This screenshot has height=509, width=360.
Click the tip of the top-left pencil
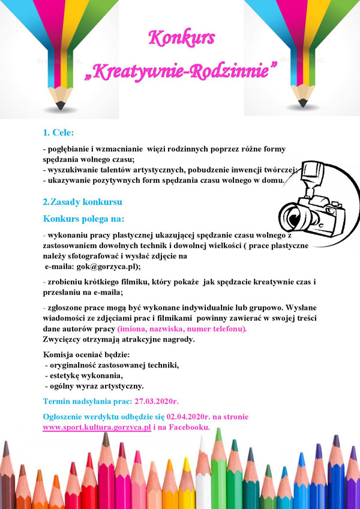click(x=60, y=106)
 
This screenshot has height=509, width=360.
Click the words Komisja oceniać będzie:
click(x=82, y=354)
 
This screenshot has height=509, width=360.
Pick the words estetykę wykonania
click(x=86, y=375)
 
